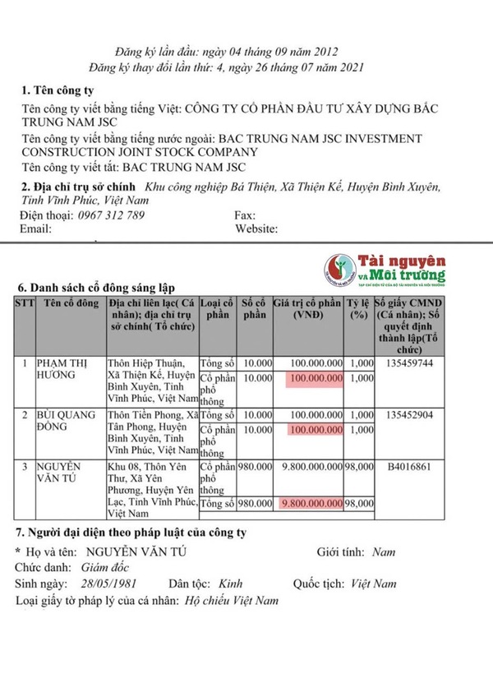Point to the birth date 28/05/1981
pos(112,584)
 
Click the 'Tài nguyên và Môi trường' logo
pos(385,269)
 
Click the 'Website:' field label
pos(258,229)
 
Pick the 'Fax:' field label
pos(245,215)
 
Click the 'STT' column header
pos(25,303)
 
